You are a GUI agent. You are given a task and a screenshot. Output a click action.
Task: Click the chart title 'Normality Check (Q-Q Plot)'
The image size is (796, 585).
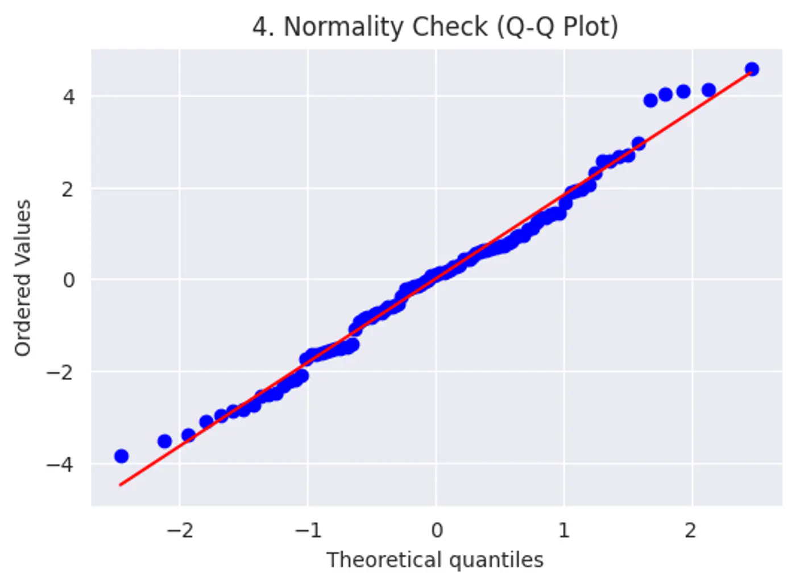tap(436, 27)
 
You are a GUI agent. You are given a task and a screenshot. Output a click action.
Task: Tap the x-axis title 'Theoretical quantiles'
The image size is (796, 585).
tap(435, 560)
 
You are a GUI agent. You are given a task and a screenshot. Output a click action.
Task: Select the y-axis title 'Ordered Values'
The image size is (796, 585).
tap(23, 278)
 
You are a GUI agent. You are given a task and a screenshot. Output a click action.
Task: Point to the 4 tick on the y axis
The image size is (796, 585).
tap(69, 97)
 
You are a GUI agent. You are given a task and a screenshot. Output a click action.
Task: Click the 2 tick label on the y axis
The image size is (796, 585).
tap(68, 189)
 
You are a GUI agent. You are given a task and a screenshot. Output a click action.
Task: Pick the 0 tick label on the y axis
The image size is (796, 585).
tap(68, 280)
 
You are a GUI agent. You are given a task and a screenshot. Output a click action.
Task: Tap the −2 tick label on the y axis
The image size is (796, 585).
tap(61, 373)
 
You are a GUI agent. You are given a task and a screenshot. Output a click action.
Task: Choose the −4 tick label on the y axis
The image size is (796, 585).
tap(61, 465)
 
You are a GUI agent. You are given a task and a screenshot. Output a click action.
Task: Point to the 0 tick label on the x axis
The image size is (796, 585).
tap(436, 530)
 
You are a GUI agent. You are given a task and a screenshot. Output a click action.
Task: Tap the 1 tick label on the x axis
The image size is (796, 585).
tap(564, 530)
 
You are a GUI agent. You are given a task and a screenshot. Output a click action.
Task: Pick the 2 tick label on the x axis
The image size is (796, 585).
tap(690, 530)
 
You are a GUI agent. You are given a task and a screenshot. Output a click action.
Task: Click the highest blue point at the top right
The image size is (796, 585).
tap(752, 69)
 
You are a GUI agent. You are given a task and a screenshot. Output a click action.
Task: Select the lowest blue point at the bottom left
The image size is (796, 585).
tap(121, 456)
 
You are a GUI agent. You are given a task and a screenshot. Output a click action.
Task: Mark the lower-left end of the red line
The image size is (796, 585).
tap(121, 484)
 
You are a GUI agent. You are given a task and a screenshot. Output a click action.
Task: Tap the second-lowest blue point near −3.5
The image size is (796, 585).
tap(164, 441)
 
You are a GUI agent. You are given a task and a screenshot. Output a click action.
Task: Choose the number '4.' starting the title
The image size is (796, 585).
tap(263, 27)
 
